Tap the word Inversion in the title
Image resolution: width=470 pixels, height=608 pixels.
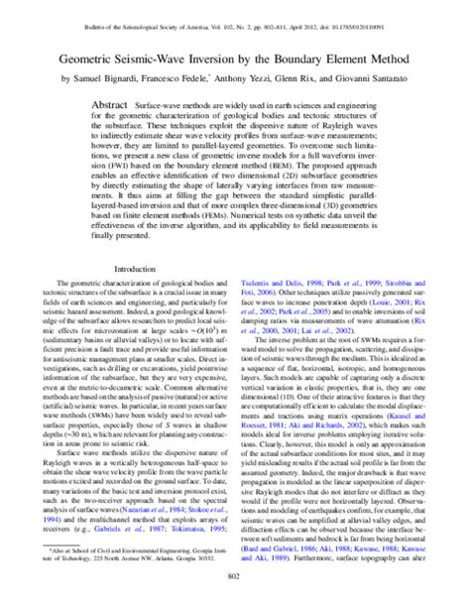point(230,58)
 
